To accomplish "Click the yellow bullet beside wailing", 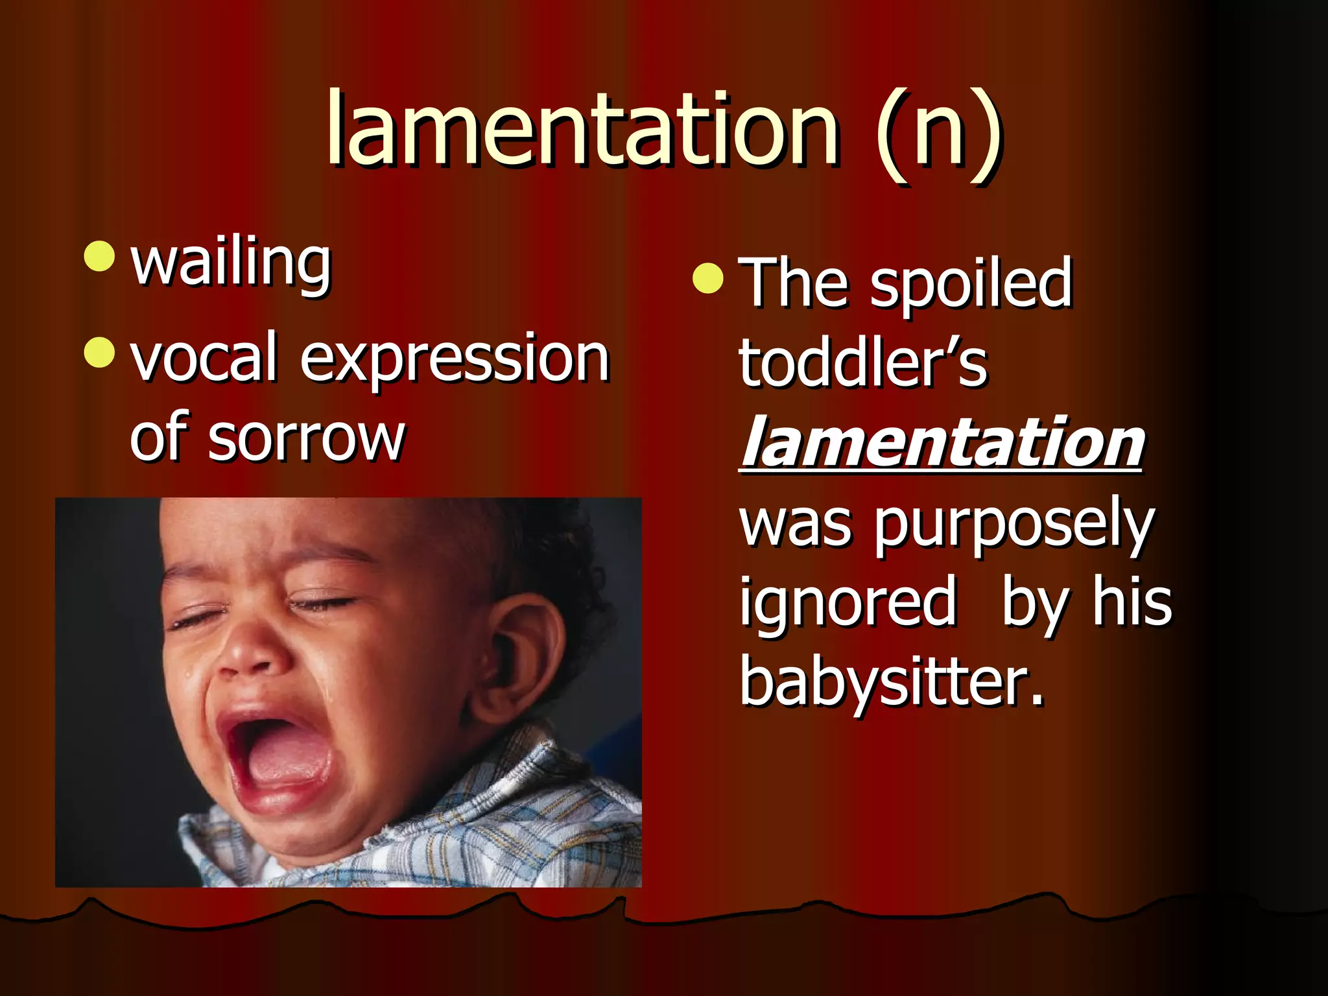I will pyautogui.click(x=99, y=256).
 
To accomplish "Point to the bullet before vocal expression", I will pyautogui.click(x=99, y=352).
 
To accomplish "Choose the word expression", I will pyautogui.click(x=454, y=360).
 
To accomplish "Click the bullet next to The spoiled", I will pyautogui.click(x=707, y=279).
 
